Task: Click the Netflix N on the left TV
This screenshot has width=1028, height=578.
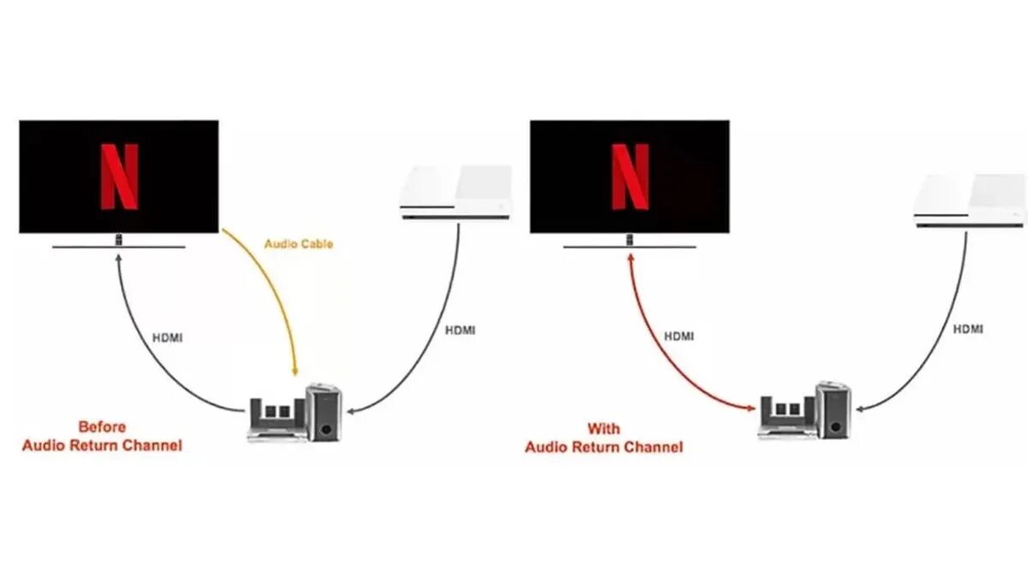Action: point(119,176)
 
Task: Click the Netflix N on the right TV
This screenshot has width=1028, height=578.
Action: point(630,176)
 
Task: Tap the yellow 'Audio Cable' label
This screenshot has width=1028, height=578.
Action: point(298,244)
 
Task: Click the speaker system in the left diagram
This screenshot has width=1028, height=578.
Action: point(295,413)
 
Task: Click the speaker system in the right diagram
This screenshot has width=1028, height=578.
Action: point(805,412)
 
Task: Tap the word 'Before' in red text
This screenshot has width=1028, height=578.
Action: point(102,426)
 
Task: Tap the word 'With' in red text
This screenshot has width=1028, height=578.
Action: point(604,427)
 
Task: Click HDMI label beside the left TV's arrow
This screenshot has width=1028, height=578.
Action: point(168,337)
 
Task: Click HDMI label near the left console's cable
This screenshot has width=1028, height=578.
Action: point(460,330)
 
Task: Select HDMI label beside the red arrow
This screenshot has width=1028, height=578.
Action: point(678,337)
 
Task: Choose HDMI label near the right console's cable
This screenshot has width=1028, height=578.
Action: point(969,329)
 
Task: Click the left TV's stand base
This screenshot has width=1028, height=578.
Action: point(119,247)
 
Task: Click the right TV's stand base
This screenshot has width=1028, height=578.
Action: point(630,247)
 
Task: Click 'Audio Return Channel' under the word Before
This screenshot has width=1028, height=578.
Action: point(102,445)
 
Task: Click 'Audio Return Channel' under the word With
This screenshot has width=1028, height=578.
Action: point(604,446)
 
